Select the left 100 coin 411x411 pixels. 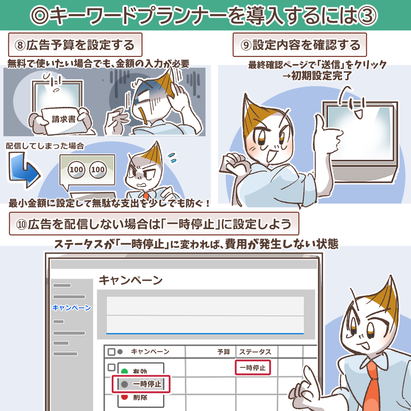point(76,169)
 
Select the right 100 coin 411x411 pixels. point(98,169)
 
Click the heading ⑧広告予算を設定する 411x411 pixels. point(75,45)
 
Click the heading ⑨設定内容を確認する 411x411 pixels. point(299,45)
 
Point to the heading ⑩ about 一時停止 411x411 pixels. point(154,224)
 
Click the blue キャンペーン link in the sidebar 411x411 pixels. point(72,307)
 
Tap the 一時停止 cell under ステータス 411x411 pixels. point(253,368)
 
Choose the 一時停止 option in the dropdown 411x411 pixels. point(141,384)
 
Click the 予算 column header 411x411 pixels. point(224,352)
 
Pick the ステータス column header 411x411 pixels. point(255,352)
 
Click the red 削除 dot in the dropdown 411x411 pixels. point(124,397)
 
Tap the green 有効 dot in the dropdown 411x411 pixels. point(124,371)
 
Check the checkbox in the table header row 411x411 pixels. point(112,352)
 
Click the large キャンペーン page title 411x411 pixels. point(131,280)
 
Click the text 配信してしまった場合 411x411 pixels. point(45,146)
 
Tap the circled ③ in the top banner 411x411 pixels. point(368,16)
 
